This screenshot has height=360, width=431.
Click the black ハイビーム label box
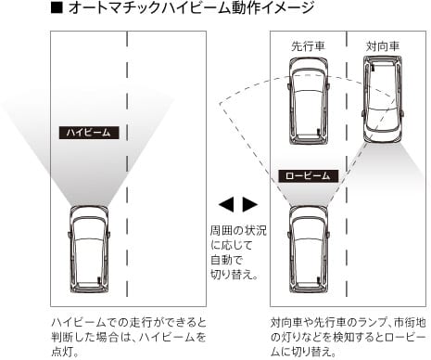(89, 133)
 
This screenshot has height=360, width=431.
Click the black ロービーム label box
(308, 176)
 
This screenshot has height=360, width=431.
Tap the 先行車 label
(308, 46)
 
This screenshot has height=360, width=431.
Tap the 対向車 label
(383, 46)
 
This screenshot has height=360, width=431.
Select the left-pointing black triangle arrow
(226, 204)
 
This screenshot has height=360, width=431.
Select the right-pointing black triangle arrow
(250, 204)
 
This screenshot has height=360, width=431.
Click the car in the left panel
(90, 250)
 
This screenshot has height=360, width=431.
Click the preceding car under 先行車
(309, 101)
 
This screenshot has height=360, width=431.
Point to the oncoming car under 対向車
(383, 99)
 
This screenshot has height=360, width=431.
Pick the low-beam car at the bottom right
(309, 250)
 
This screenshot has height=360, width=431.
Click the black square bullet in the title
(57, 7)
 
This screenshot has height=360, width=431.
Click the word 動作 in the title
(244, 7)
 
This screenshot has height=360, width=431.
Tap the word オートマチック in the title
(116, 7)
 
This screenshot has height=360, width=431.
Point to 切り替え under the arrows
(231, 275)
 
